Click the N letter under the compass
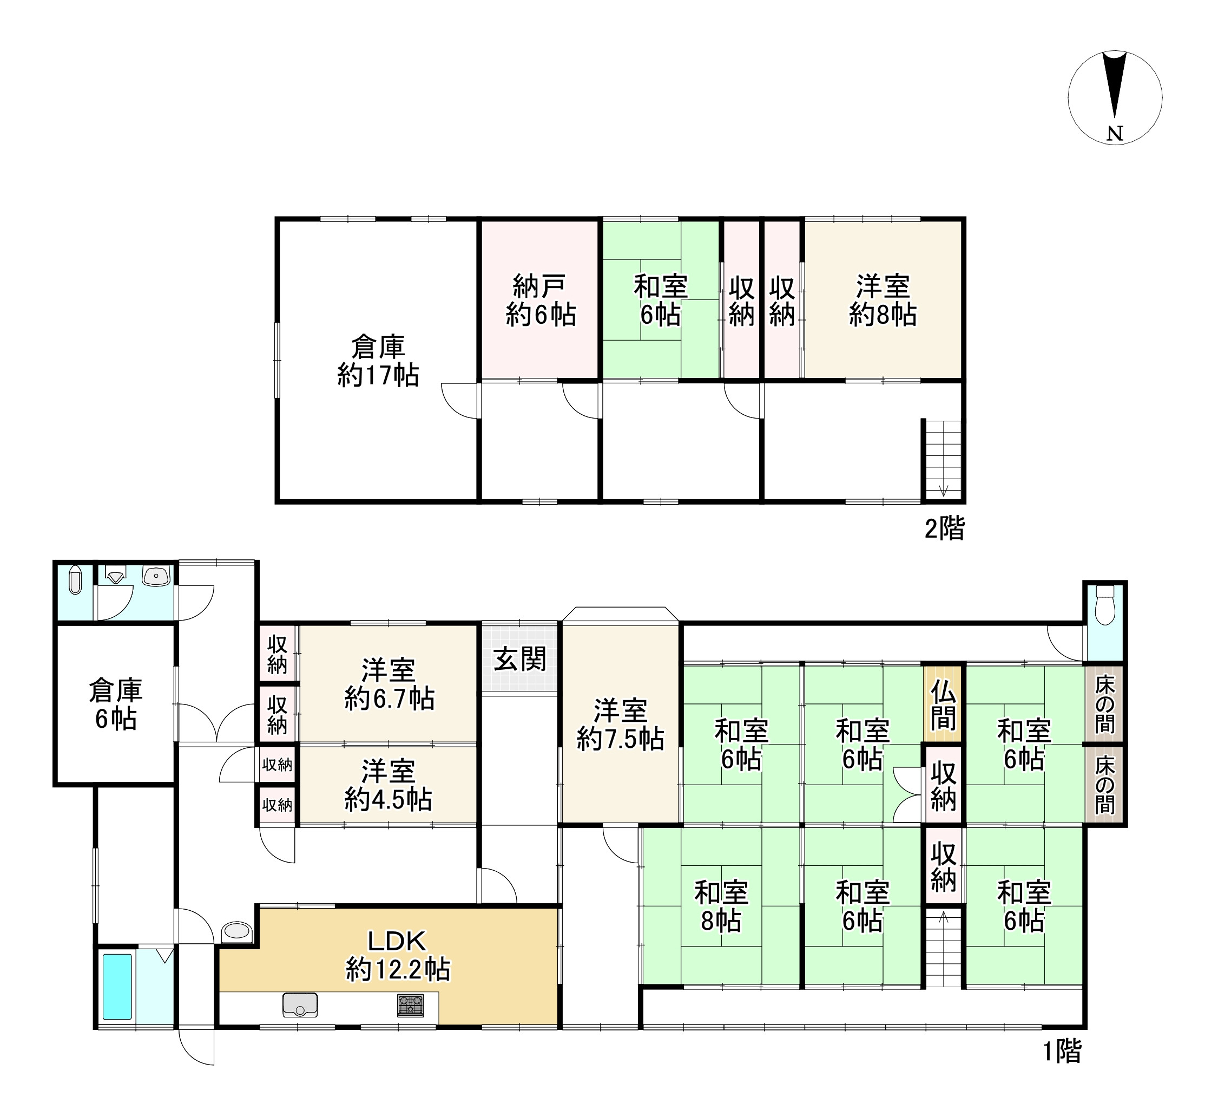click(1115, 134)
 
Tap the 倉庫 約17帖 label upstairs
click(378, 361)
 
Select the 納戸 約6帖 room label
click(539, 301)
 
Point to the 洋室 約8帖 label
click(883, 301)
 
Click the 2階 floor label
click(945, 528)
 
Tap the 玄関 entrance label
click(519, 658)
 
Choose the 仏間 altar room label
click(943, 705)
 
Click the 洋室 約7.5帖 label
click(621, 725)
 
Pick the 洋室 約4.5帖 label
click(388, 785)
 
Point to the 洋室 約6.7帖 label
click(389, 684)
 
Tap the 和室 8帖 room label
click(721, 907)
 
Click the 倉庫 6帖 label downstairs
click(115, 705)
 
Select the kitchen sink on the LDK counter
click(300, 1005)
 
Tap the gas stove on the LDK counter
click(410, 1005)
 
